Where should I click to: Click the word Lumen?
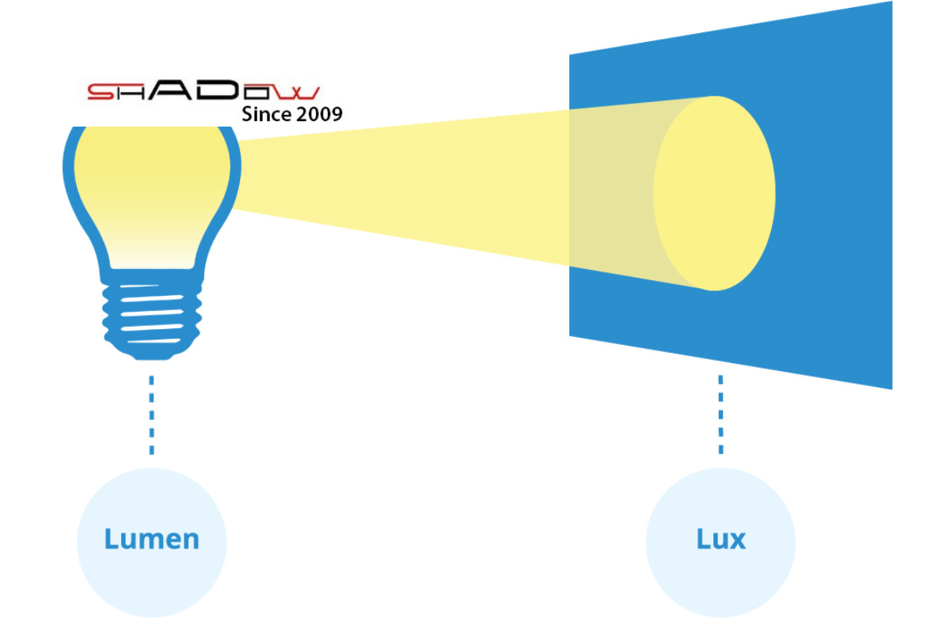(151, 540)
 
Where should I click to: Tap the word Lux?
(720, 540)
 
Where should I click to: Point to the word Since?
(266, 115)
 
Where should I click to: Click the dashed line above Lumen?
(151, 415)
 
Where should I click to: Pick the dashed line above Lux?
(720, 415)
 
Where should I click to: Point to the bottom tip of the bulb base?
(151, 356)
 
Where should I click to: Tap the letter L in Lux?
(702, 539)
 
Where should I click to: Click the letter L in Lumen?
(111, 539)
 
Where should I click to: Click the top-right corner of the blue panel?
(891, 4)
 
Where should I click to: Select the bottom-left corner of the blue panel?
(571, 334)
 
